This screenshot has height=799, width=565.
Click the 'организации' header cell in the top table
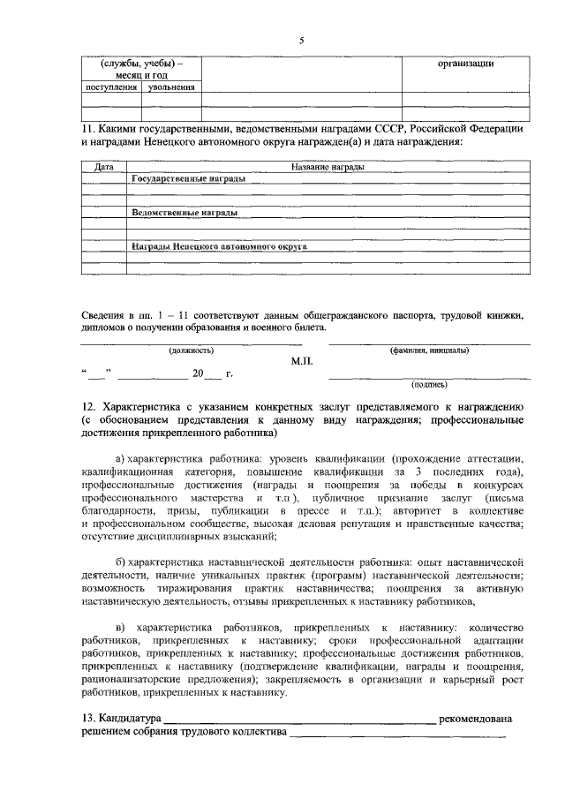tap(465, 64)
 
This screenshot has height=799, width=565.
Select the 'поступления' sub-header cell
tap(110, 88)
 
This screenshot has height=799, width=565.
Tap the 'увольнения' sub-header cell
tap(171, 88)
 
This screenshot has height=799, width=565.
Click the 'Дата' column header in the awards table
tap(103, 166)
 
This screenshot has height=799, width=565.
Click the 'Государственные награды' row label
tap(188, 177)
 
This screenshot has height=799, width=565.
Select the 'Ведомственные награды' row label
tap(184, 214)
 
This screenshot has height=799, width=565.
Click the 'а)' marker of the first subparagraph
tap(120, 459)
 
